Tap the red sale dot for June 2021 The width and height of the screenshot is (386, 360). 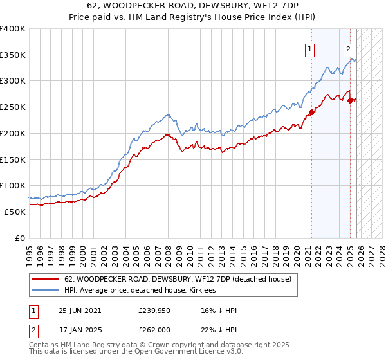tap(311, 112)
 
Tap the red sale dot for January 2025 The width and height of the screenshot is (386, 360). tap(350, 100)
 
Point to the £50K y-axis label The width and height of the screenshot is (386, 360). tap(15, 212)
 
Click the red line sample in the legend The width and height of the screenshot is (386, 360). tap(45, 279)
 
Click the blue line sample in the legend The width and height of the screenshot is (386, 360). tap(45, 290)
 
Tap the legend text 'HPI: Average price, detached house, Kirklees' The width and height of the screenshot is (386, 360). tap(140, 290)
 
